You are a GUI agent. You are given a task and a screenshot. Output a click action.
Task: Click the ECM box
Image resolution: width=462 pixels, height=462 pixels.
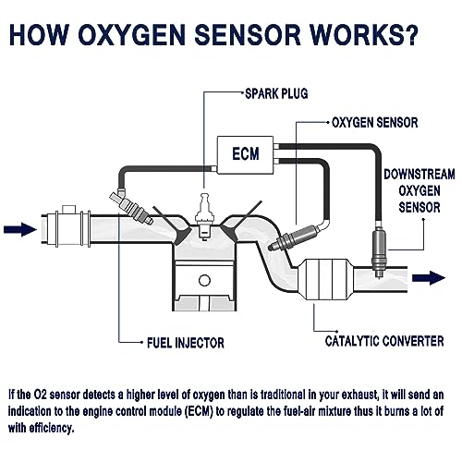click(x=245, y=155)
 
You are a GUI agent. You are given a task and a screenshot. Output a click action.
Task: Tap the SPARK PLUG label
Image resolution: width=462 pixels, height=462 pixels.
click(x=276, y=93)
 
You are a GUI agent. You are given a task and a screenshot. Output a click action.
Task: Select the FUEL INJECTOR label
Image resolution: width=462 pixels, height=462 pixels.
click(x=186, y=343)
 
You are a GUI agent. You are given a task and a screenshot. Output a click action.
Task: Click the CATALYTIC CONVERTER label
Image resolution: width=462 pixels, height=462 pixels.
click(x=384, y=341)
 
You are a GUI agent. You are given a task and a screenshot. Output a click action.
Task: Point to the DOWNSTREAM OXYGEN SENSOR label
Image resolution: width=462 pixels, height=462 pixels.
click(x=419, y=190)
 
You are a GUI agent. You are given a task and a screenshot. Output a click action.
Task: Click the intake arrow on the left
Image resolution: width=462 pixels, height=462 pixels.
click(x=20, y=229)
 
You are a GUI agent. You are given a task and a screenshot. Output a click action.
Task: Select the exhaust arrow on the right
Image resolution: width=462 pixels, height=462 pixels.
click(x=429, y=278)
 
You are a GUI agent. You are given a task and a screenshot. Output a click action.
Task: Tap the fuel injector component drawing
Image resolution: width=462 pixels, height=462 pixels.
click(x=131, y=207)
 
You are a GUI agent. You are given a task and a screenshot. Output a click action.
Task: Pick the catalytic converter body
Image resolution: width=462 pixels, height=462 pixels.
click(x=326, y=279)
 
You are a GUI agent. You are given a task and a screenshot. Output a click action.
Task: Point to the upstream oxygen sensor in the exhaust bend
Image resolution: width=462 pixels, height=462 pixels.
click(x=293, y=237)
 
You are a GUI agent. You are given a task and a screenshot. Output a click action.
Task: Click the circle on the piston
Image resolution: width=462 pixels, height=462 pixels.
click(x=204, y=281)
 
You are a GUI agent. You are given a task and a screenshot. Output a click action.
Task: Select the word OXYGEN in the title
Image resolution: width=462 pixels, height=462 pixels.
click(x=131, y=34)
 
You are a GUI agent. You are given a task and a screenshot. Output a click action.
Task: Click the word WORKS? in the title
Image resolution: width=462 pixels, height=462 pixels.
click(x=364, y=34)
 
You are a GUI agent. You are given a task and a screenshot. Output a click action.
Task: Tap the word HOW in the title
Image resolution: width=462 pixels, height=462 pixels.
click(x=39, y=34)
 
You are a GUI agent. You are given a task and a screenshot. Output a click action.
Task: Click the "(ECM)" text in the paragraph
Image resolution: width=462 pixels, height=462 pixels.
click(x=200, y=411)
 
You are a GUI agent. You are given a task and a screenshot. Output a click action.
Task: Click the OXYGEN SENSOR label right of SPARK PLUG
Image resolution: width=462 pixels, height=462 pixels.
click(x=375, y=123)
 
